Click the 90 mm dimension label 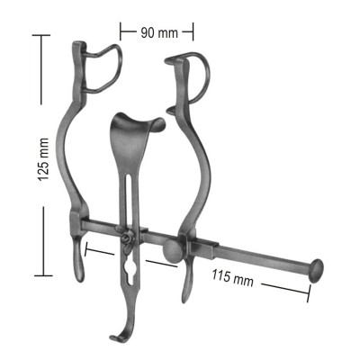point(157,32)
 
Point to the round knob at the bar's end point(316,270)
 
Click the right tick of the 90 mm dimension point(193,32)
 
